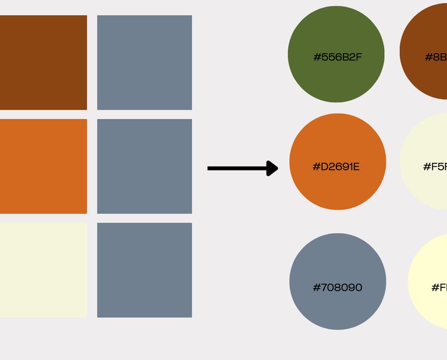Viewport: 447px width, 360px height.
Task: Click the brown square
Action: click(x=43, y=62)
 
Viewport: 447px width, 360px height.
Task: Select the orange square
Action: click(x=43, y=166)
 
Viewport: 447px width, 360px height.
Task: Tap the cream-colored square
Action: click(x=43, y=270)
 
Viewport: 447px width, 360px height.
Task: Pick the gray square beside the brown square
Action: click(x=144, y=62)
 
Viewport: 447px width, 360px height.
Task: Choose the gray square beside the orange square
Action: click(x=144, y=166)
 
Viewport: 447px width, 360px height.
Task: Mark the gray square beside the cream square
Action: click(x=144, y=270)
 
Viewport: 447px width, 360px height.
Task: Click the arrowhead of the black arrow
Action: click(x=272, y=169)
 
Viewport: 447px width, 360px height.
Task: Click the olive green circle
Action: click(x=336, y=54)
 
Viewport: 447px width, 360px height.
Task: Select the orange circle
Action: click(x=338, y=162)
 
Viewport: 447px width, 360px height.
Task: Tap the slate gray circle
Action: click(x=338, y=281)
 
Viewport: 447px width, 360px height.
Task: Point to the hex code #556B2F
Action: click(x=338, y=57)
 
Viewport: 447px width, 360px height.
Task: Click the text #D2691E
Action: click(x=336, y=167)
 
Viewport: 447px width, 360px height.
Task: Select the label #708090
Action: click(x=338, y=287)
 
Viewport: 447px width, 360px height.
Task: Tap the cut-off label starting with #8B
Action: click(x=436, y=57)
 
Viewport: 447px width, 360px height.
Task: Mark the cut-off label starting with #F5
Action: click(x=435, y=167)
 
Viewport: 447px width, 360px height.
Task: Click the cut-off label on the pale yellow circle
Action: click(x=439, y=287)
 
